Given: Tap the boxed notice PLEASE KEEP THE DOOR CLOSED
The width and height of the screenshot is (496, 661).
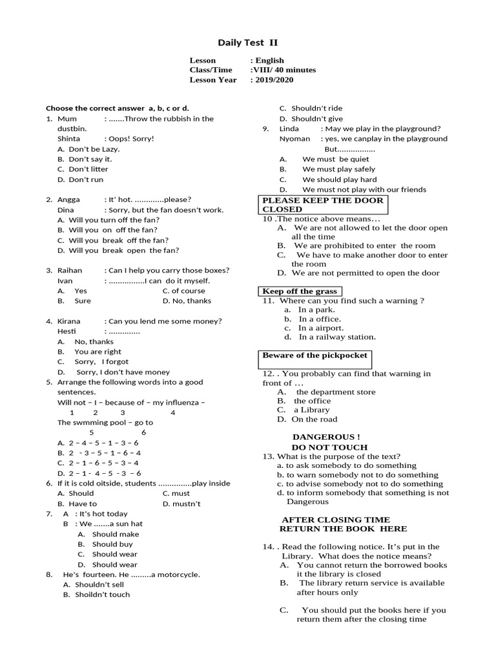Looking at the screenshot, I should pyautogui.click(x=322, y=205).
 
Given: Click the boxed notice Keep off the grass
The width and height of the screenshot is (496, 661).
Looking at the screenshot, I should pyautogui.click(x=300, y=291).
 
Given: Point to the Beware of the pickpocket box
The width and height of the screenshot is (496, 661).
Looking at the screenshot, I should pyautogui.click(x=315, y=356).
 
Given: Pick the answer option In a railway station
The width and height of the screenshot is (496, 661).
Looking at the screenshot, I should pyautogui.click(x=336, y=337).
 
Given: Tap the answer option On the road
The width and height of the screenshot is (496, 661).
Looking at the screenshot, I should pyautogui.click(x=314, y=420).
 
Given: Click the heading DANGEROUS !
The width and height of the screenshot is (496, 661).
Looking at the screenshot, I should pyautogui.click(x=326, y=437).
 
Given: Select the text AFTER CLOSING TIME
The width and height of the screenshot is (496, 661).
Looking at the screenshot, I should pyautogui.click(x=336, y=520).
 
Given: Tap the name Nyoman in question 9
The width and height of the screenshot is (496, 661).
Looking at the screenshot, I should pyautogui.click(x=294, y=139).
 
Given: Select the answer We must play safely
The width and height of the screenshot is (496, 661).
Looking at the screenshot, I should pyautogui.click(x=338, y=169).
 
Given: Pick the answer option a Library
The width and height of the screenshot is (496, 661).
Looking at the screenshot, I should pyautogui.click(x=311, y=410).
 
